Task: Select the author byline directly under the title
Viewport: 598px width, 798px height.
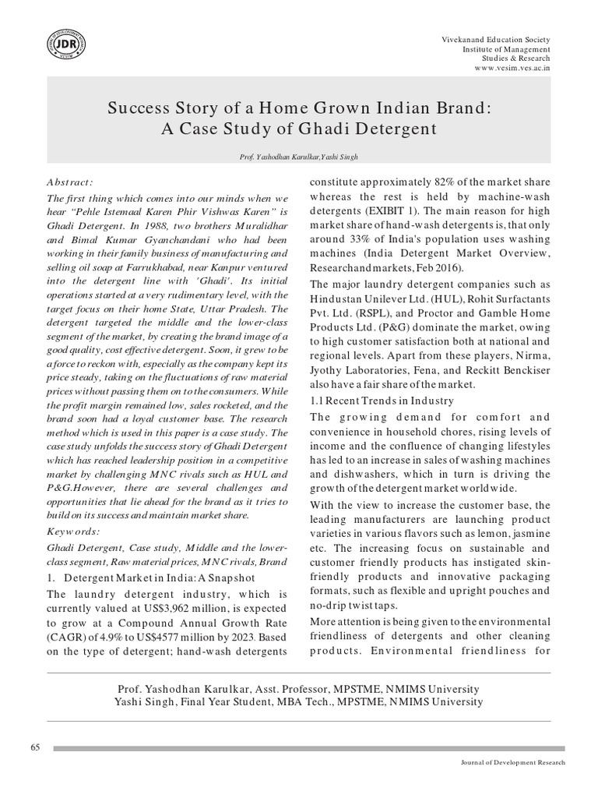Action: [299, 157]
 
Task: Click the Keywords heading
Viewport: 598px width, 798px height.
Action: [74, 531]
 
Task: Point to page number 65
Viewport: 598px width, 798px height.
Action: [35, 747]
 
